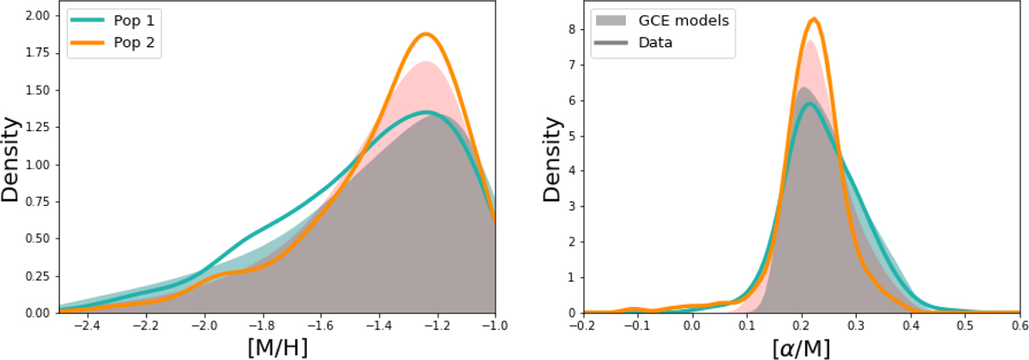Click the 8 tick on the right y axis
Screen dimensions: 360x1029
coord(570,29)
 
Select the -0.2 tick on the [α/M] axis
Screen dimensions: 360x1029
coord(583,327)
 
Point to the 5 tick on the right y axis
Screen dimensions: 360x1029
coord(570,135)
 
